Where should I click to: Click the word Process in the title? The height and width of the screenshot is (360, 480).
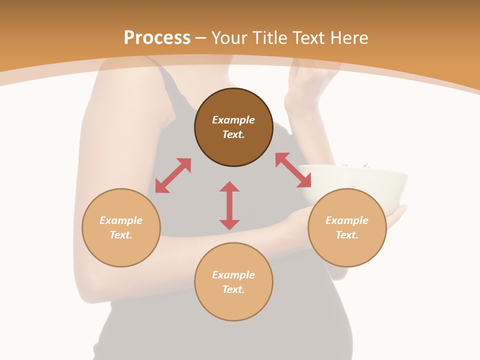[x=157, y=38]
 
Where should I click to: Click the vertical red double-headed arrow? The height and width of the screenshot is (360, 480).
[x=229, y=205]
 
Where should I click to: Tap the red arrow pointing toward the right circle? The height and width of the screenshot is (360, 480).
[x=293, y=170]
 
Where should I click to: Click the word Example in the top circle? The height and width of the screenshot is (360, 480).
[x=233, y=120]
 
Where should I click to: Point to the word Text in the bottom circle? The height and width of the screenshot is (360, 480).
[x=233, y=289]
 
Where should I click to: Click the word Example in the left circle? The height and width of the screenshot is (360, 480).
[x=121, y=220]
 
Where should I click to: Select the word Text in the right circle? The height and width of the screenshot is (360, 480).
[x=347, y=235]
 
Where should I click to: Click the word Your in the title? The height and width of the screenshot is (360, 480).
[x=229, y=38]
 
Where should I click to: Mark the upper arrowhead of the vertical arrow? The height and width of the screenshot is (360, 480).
[x=229, y=187]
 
